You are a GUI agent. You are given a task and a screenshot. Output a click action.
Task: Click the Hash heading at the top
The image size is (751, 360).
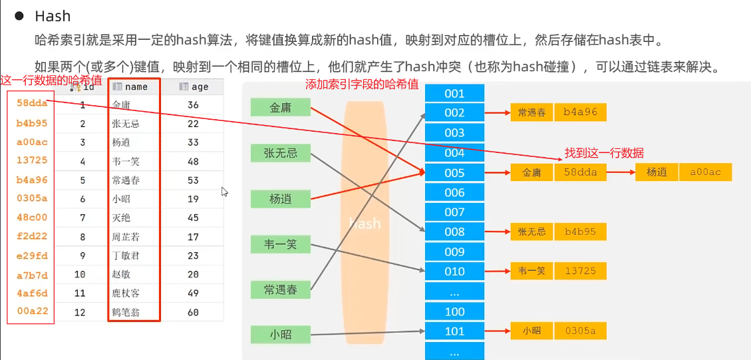[x=53, y=16]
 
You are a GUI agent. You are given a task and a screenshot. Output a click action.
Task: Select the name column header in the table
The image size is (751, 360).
[x=136, y=87]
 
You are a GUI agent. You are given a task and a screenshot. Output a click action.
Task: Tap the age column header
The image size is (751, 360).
[x=200, y=87]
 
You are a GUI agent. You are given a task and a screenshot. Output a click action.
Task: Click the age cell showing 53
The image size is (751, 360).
[x=193, y=180]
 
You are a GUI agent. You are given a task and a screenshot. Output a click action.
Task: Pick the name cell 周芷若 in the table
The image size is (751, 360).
[x=126, y=237]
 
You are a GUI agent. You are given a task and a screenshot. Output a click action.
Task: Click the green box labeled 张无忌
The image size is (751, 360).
[x=281, y=154]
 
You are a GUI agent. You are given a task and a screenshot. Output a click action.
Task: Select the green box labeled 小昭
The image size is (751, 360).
[x=281, y=334]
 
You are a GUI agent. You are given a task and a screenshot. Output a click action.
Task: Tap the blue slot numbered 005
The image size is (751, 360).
[x=454, y=172]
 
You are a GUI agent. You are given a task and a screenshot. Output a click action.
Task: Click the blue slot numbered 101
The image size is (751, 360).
[x=454, y=331]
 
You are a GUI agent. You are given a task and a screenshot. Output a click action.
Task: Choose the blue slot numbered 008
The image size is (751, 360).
[x=454, y=232]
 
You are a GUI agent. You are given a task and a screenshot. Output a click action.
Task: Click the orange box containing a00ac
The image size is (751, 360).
[x=705, y=172]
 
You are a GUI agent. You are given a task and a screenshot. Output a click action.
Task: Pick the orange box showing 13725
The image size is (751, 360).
[x=579, y=271]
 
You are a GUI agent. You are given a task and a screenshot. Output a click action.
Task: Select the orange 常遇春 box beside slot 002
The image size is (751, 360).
[x=531, y=112]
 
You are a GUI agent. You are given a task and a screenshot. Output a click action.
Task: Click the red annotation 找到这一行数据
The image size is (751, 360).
[x=604, y=153]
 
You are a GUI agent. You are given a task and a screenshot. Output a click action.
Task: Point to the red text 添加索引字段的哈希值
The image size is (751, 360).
[x=362, y=85]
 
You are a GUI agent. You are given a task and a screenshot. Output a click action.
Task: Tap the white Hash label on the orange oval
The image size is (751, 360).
[x=365, y=224]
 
